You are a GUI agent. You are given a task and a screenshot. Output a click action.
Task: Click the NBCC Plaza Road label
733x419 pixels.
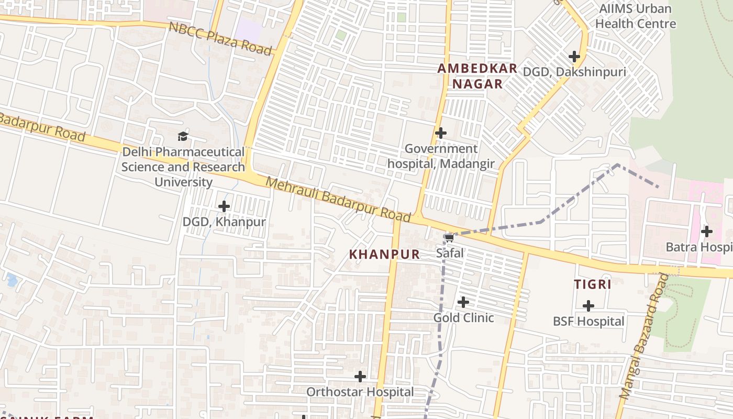coord(220,38)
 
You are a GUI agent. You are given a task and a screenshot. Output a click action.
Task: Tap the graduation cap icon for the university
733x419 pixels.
coord(182,137)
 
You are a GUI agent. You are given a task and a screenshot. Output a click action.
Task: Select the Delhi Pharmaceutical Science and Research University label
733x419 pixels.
coord(183,167)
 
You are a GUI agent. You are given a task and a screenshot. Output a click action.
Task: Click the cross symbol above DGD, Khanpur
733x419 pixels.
coord(224,206)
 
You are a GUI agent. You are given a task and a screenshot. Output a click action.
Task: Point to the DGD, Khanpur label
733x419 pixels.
coord(224,222)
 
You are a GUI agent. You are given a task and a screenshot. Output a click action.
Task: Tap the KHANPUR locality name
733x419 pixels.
coord(384,255)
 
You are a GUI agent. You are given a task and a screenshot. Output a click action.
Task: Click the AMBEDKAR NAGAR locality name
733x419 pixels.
coord(477,76)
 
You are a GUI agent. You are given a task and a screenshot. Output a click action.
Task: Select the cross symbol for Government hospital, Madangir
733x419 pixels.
coord(441,133)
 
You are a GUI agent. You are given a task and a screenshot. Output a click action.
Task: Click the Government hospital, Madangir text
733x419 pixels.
coord(441,156)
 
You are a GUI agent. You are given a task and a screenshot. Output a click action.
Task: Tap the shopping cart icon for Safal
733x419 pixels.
coord(449,238)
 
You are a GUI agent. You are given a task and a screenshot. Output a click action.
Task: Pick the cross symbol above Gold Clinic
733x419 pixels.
coord(463,302)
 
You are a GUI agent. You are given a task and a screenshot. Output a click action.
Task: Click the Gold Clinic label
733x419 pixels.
coord(463,317)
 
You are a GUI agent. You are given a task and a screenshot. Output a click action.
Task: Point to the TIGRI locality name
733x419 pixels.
coord(593,284)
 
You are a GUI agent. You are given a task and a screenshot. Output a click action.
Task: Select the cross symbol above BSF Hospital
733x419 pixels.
coord(588,306)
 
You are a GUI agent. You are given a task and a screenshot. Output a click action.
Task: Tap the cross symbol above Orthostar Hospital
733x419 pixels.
coord(360,377)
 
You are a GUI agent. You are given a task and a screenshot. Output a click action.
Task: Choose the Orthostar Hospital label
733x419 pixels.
coord(360,392)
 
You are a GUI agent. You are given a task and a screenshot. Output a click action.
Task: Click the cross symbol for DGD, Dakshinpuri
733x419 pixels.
coord(574,57)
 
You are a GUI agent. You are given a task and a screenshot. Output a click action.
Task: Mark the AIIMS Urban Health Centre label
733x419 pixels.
coord(635,16)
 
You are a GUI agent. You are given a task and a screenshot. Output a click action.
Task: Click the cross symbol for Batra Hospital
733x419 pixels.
coord(707,231)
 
